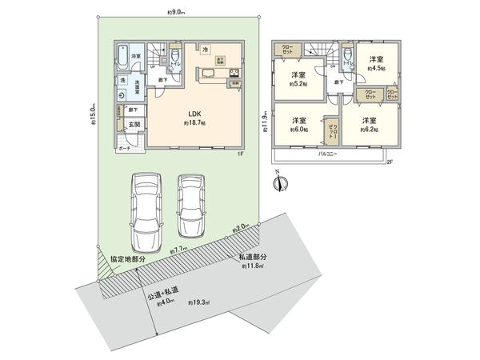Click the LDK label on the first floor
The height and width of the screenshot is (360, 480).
[x=195, y=114]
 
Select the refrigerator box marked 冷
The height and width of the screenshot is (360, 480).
[x=206, y=50]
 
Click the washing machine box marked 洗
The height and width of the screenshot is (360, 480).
[x=122, y=81]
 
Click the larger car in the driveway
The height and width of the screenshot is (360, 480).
[x=146, y=209]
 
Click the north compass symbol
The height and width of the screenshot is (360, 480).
[x=277, y=184]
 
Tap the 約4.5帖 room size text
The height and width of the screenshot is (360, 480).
[x=376, y=70]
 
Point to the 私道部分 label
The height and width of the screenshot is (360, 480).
[x=253, y=257]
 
